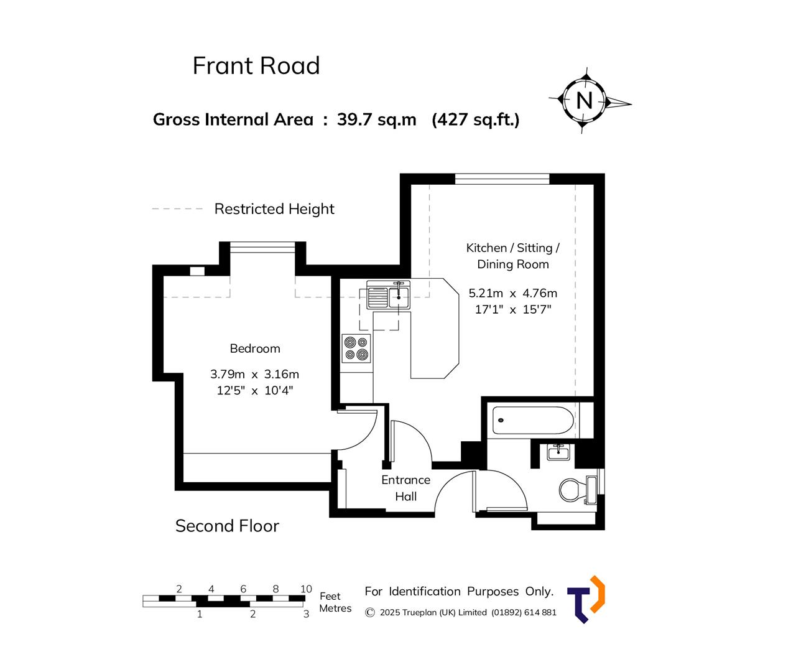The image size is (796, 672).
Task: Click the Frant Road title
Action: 256,66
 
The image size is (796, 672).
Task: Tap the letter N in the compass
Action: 584,100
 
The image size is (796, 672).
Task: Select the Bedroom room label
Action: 255,348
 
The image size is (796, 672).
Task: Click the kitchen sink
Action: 387,296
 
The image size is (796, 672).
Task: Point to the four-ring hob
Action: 356,348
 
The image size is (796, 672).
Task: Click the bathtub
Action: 533,421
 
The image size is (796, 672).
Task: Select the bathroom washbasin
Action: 558,452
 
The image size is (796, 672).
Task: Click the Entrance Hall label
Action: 405,488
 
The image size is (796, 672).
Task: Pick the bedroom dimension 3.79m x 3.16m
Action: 254,374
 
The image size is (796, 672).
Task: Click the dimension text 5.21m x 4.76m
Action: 512,293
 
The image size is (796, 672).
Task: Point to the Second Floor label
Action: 227,526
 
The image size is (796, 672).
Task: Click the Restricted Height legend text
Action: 274,209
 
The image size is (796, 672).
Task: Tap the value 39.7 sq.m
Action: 376,119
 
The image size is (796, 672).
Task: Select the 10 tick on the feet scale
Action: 306,589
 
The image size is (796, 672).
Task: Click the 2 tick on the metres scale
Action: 252,614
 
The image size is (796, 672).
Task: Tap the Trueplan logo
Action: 586,599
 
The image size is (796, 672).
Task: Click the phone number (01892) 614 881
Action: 524,612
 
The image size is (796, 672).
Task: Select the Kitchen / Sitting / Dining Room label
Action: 512,256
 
